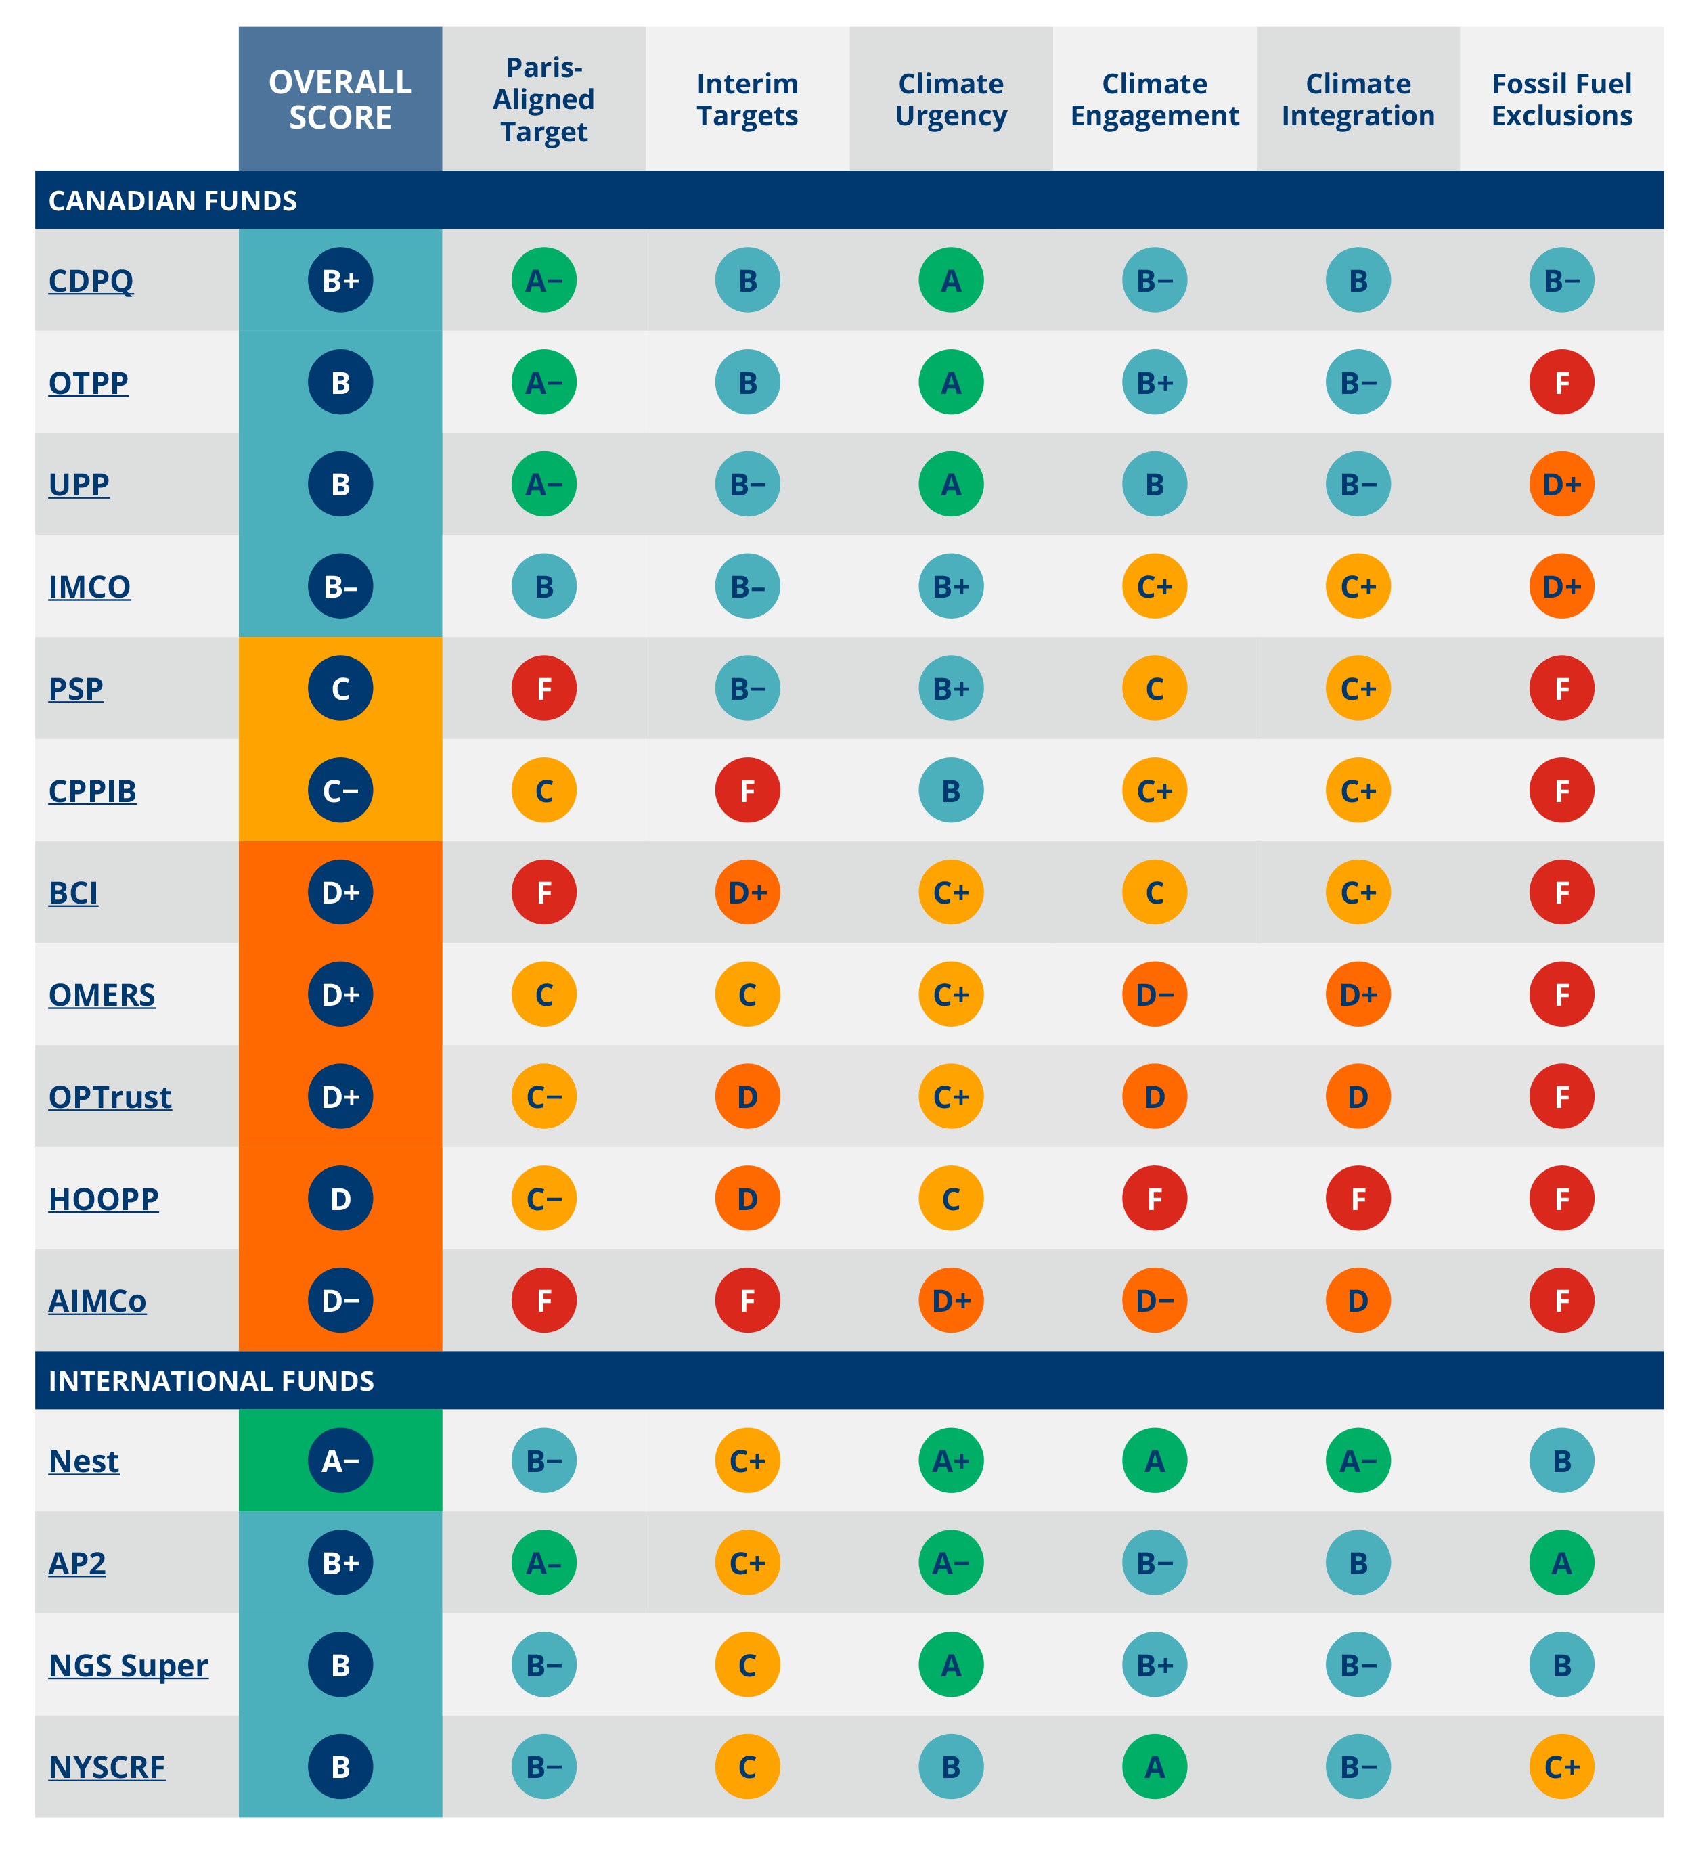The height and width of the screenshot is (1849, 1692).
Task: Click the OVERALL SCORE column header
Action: (340, 99)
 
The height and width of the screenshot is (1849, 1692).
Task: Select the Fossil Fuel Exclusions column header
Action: (1562, 99)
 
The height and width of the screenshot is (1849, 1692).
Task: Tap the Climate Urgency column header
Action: (951, 99)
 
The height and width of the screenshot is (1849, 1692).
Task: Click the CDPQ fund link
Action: (91, 281)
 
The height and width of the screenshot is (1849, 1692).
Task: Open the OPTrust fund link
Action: (110, 1097)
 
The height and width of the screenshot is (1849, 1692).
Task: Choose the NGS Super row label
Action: (129, 1665)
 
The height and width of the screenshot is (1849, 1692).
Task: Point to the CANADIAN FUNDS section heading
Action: (173, 201)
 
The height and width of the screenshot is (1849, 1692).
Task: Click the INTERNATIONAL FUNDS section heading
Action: (211, 1381)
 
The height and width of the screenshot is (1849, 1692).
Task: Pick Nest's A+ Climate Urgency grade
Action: (951, 1461)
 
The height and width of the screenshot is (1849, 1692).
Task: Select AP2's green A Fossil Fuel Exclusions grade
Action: (1562, 1563)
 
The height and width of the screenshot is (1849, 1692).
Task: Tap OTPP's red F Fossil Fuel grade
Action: (1562, 382)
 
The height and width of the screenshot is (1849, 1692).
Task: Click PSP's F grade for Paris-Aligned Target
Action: (544, 689)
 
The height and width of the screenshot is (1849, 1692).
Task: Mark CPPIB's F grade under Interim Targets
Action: (747, 790)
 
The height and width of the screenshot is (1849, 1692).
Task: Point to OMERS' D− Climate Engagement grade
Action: (1155, 994)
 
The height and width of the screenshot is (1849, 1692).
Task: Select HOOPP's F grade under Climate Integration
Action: (1358, 1199)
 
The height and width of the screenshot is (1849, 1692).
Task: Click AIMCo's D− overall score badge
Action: (340, 1301)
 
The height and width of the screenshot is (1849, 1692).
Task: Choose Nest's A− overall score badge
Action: (340, 1461)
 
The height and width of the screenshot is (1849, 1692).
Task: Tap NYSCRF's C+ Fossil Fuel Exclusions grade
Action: (1562, 1766)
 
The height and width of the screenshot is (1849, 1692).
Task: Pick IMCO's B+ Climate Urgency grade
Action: (951, 586)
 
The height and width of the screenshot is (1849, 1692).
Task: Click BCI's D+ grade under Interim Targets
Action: (747, 893)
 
